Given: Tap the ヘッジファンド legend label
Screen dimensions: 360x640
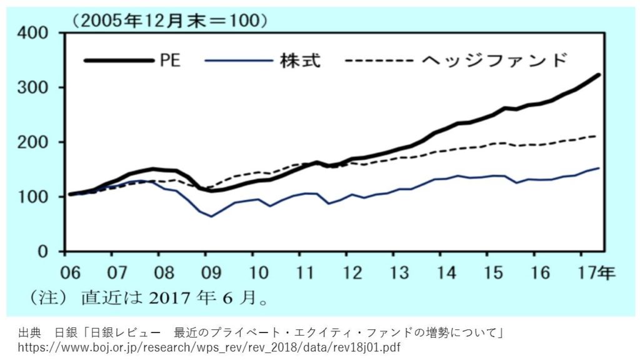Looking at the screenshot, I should tap(496, 61).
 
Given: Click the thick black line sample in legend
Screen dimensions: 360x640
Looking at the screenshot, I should tap(119, 61).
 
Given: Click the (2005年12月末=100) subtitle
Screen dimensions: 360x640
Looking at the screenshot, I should tap(171, 20).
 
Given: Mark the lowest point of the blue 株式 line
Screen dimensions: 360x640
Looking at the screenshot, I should tap(212, 216).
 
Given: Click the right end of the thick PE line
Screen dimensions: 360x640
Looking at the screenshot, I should tap(599, 75).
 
